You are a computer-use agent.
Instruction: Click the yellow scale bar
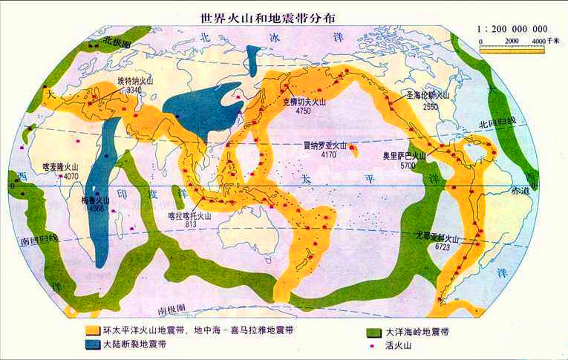tap(513, 49)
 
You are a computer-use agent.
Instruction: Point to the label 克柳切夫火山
tap(303, 102)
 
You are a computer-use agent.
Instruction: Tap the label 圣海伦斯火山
tap(428, 96)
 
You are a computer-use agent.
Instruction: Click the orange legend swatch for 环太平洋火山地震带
tap(91, 330)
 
